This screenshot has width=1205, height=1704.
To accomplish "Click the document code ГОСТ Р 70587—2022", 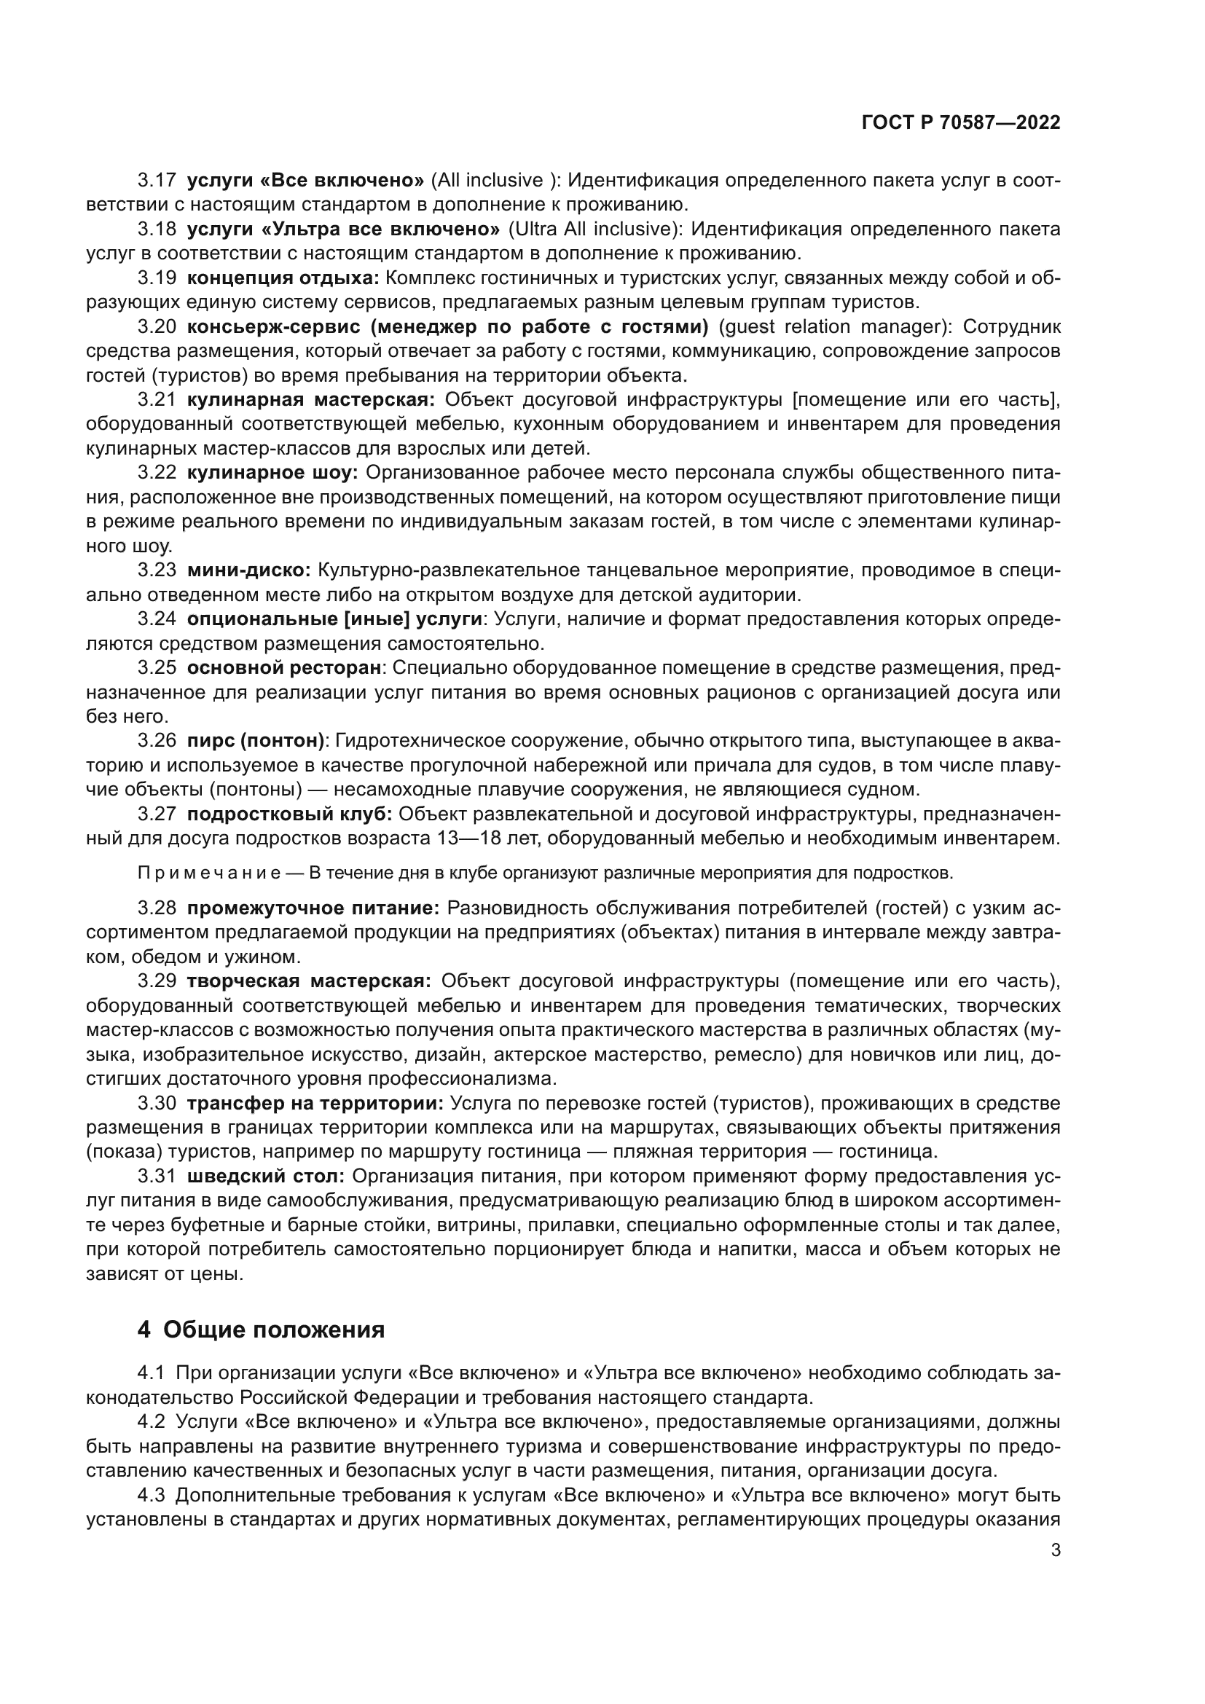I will pos(961,122).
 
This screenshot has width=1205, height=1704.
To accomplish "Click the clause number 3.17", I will pos(157,181).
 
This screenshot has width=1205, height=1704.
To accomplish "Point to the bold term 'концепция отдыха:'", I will pos(283,278).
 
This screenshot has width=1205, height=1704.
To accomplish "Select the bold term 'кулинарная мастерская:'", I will pos(311,400).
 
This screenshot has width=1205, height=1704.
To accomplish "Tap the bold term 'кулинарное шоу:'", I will pos(272,473).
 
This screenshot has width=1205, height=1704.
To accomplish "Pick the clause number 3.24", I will pos(157,619).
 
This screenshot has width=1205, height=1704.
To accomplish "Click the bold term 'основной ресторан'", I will pos(283,668).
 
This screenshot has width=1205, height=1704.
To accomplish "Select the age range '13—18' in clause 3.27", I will pos(460,839).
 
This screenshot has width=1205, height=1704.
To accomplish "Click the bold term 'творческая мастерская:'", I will pos(309,981).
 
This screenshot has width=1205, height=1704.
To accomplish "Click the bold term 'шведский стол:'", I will pos(266,1177).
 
